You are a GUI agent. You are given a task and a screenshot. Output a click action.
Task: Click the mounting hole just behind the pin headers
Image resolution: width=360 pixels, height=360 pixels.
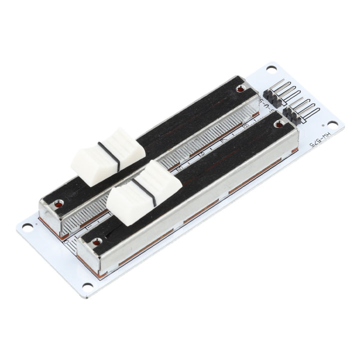(272, 68)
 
